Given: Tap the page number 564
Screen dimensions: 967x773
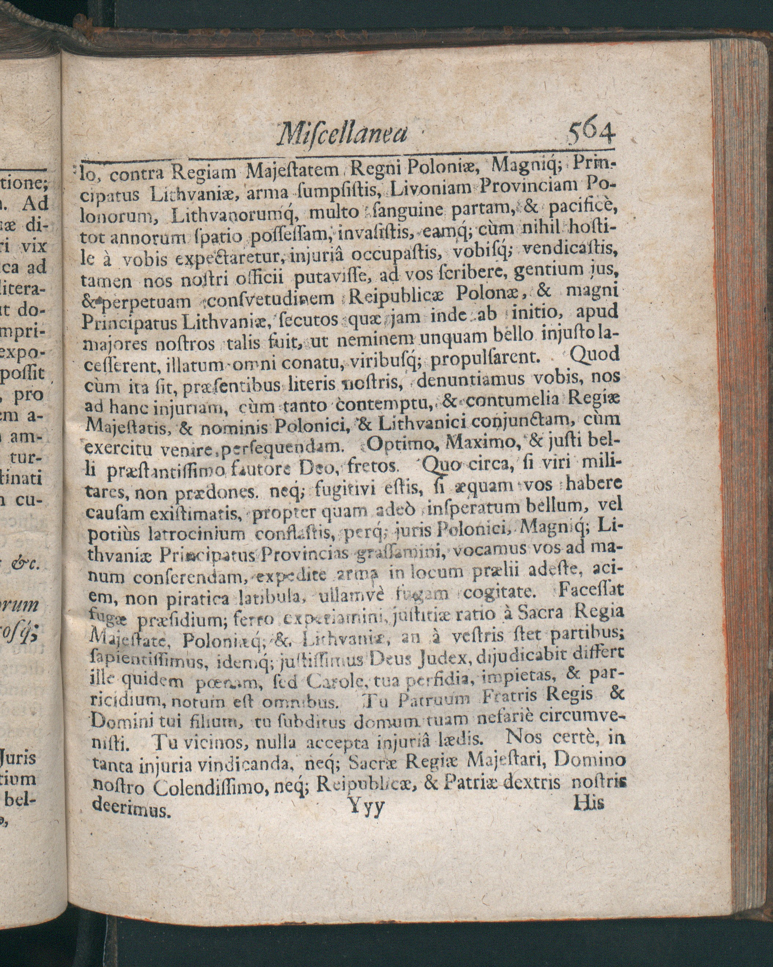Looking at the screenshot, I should pyautogui.click(x=591, y=132).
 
